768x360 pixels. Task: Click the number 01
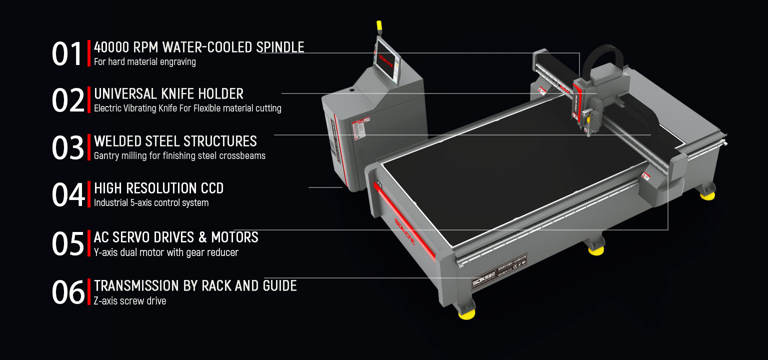[x=67, y=53]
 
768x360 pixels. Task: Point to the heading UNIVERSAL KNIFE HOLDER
[x=168, y=94]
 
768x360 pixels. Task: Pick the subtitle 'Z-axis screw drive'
[x=129, y=301]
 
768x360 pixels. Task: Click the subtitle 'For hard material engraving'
[x=144, y=62]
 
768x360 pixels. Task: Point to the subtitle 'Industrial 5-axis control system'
[x=151, y=203]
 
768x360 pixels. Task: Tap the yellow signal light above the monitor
[x=378, y=25]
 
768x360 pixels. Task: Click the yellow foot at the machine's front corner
[x=466, y=313]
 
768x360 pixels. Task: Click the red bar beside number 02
[x=89, y=100]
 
